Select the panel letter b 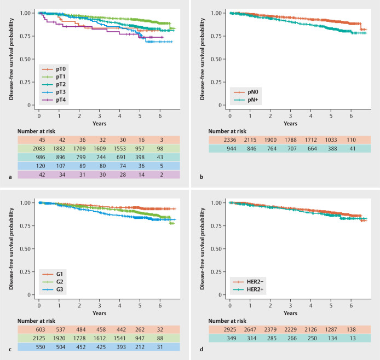[195, 163]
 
